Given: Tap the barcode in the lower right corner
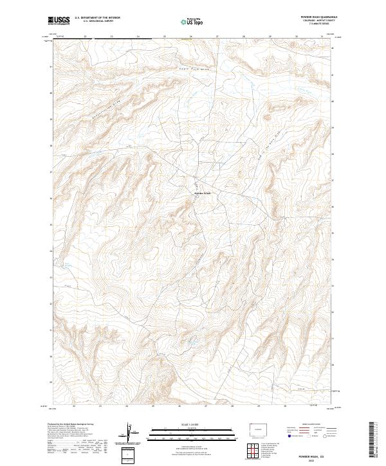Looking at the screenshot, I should (x=371, y=440).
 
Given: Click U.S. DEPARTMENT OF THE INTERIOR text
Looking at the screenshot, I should (x=96, y=18).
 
